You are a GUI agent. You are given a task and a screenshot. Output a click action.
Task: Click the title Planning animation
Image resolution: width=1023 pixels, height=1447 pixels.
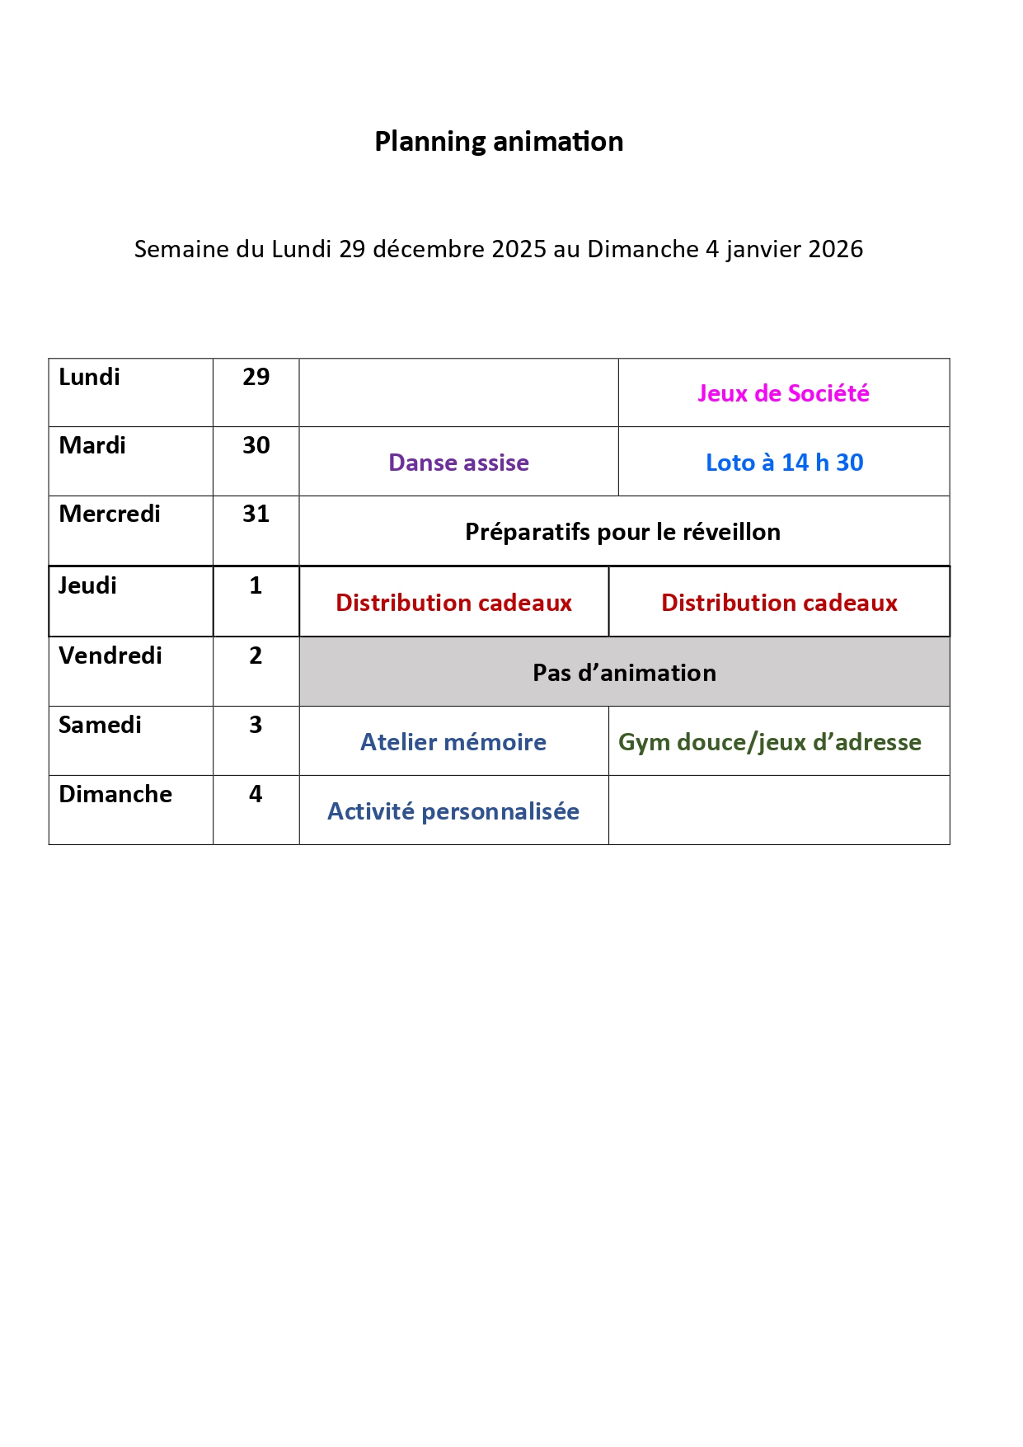499,142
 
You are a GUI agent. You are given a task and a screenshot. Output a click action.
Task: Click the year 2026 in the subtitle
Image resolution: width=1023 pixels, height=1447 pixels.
835,249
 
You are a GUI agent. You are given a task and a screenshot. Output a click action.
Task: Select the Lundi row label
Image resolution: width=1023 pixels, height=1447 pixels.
90,377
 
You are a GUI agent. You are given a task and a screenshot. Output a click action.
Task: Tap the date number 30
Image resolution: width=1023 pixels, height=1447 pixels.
256,445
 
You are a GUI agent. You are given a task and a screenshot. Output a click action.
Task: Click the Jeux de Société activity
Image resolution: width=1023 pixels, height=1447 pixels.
783,393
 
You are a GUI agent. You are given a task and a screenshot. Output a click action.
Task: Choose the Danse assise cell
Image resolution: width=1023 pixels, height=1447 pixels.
458,463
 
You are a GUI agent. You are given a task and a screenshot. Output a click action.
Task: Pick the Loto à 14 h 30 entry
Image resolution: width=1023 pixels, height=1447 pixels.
784,463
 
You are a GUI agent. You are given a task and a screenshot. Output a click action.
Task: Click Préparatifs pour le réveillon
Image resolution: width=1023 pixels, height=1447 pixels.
622,532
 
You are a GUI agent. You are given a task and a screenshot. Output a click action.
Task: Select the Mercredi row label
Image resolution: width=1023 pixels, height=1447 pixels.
110,514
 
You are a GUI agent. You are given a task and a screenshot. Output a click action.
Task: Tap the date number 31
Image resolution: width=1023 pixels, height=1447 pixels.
256,514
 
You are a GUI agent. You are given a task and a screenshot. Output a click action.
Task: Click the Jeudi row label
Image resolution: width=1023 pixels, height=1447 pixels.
87,585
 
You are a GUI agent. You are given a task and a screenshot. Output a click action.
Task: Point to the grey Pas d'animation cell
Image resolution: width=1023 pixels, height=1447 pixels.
624,673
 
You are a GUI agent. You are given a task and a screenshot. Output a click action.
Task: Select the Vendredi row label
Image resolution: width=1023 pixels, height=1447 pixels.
110,655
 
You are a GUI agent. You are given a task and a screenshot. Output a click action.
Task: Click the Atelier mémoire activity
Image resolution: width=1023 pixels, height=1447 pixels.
453,742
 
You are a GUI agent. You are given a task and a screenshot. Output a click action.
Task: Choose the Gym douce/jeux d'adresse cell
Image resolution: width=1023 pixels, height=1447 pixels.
770,742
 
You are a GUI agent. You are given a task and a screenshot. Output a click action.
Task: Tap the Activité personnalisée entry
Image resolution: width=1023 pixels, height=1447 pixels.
453,811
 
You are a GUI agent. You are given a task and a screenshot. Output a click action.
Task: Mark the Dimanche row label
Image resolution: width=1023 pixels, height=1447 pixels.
115,794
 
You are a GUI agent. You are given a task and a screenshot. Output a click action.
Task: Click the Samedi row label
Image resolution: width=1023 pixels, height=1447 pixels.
100,725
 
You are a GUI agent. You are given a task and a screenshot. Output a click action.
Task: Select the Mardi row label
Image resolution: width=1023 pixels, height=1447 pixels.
92,445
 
